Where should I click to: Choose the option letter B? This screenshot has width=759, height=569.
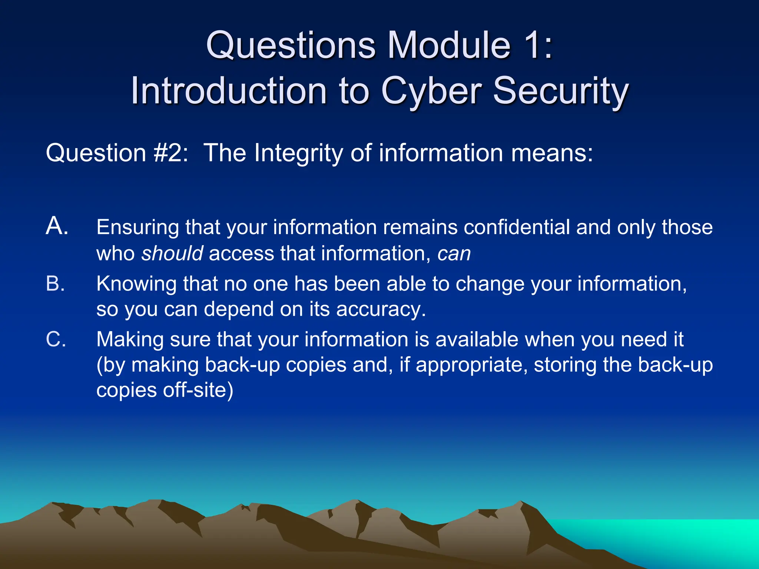tap(55, 284)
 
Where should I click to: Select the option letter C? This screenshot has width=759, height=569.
tap(56, 339)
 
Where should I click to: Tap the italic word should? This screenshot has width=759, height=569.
tap(172, 254)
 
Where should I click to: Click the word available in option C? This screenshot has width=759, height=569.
tap(477, 340)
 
